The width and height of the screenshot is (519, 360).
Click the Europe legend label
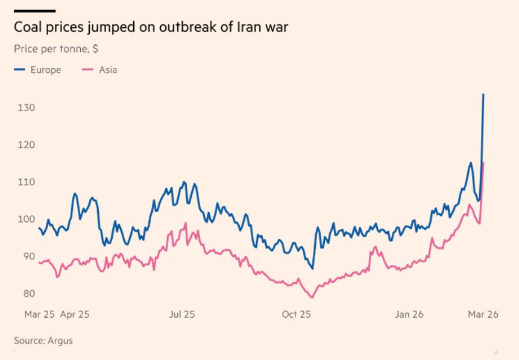point(46,70)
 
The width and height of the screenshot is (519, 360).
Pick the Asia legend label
point(109,70)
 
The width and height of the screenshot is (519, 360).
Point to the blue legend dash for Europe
point(20,70)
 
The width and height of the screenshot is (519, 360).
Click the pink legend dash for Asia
point(87,70)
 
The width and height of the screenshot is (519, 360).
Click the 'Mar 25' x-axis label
point(40,314)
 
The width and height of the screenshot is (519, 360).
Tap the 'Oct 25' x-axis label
point(297,314)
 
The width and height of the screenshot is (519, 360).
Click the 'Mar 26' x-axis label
point(484,314)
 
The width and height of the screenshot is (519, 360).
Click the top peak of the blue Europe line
point(483,95)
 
